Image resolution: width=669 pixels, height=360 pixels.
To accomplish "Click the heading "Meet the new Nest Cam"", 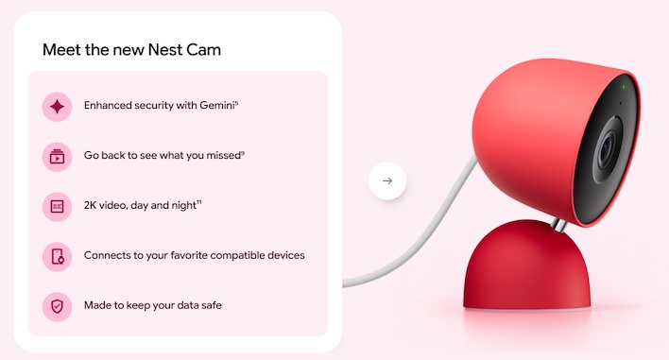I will [x=133, y=49].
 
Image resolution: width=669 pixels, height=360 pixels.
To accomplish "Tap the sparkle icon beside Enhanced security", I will [x=57, y=107].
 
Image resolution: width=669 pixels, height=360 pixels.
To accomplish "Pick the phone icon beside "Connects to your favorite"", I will [x=57, y=256].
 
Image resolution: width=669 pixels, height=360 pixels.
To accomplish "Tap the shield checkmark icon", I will [x=57, y=305].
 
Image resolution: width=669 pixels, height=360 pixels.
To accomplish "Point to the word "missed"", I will [x=223, y=156].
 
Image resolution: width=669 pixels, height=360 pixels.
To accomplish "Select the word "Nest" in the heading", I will [x=175, y=49].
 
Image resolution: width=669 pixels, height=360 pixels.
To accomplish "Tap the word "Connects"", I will [x=108, y=255].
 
